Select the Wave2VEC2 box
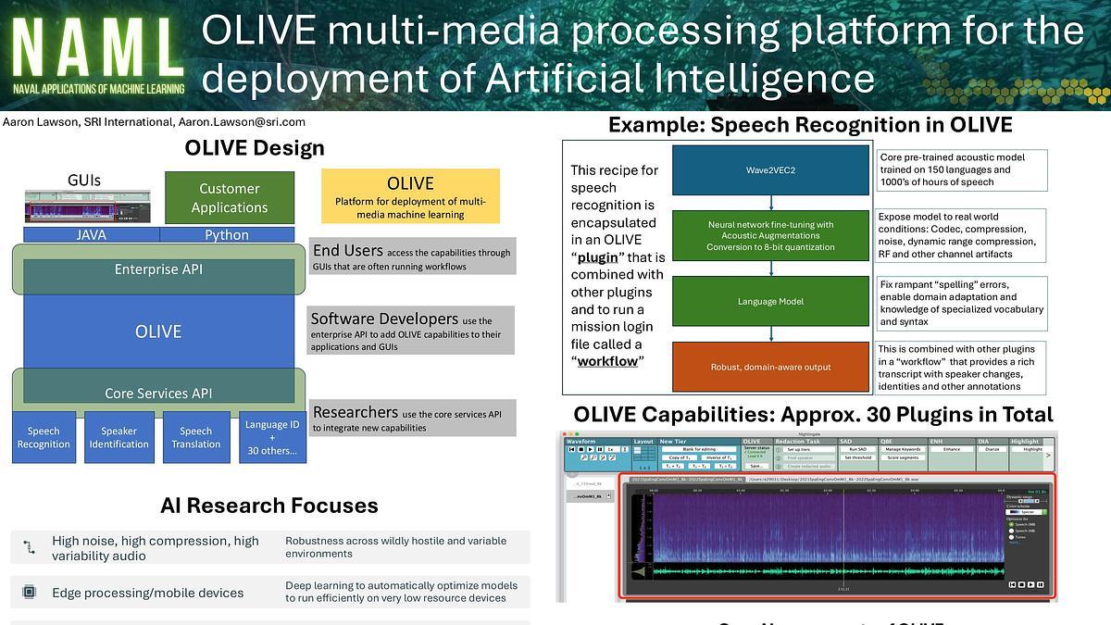click(770, 170)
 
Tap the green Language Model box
click(770, 301)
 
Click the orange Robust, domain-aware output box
click(770, 367)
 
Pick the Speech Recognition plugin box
click(44, 437)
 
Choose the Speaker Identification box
click(119, 437)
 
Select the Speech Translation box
click(195, 437)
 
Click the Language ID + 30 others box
click(271, 437)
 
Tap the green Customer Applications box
click(229, 198)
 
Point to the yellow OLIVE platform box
click(410, 195)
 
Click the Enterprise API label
click(158, 269)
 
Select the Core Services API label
click(158, 394)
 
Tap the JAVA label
click(91, 235)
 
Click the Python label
click(227, 235)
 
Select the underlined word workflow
click(607, 360)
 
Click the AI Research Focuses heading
click(269, 506)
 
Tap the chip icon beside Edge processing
click(29, 593)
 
